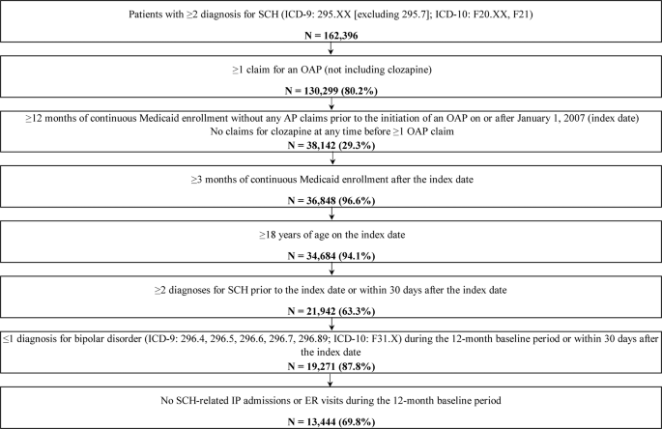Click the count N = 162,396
coord(331,44)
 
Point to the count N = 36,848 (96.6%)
coord(331,205)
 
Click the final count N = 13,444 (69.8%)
coord(331,419)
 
